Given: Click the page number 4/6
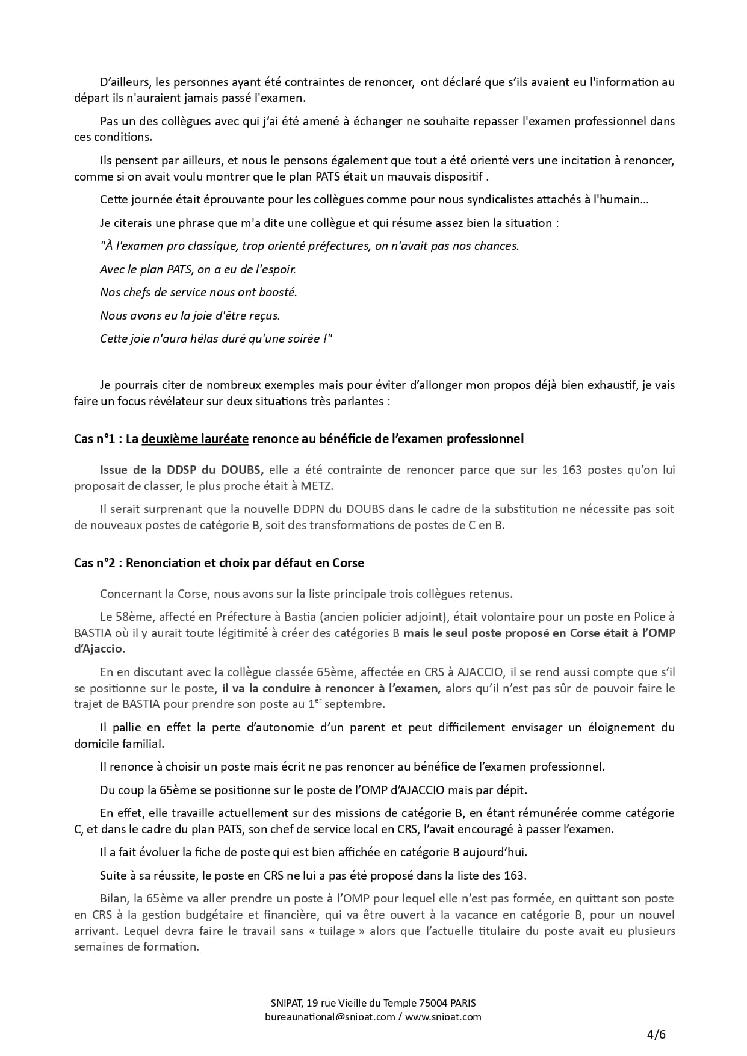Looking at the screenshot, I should pyautogui.click(x=656, y=1035).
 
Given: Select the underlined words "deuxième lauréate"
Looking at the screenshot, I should pyautogui.click(x=195, y=439).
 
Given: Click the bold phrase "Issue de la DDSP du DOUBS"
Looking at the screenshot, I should pyautogui.click(x=181, y=470).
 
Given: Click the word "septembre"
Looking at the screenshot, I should pyautogui.click(x=359, y=704).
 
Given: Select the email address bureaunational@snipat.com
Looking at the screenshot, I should pyautogui.click(x=330, y=1017).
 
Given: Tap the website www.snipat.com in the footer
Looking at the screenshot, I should pyautogui.click(x=443, y=1017).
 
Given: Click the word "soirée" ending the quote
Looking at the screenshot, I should pyautogui.click(x=303, y=338).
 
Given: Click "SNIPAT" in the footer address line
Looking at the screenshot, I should pyautogui.click(x=286, y=1003).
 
